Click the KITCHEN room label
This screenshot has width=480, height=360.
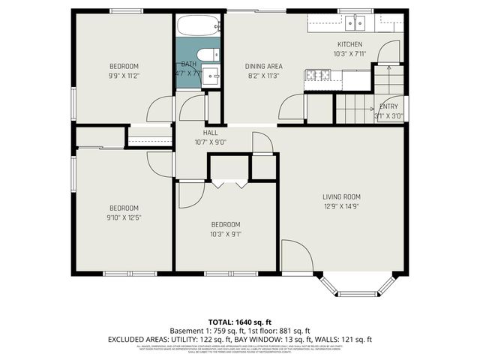point(349,44)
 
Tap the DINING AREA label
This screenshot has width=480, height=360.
point(263,66)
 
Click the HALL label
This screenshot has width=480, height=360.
point(199,132)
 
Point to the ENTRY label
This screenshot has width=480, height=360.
point(389,106)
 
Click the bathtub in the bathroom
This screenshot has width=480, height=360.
point(199,27)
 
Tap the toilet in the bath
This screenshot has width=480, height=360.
point(208,55)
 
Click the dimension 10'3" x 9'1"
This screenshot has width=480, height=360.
point(225,233)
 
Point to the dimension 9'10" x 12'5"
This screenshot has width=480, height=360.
point(124,217)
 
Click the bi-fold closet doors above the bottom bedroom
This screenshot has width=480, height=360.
point(229,182)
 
